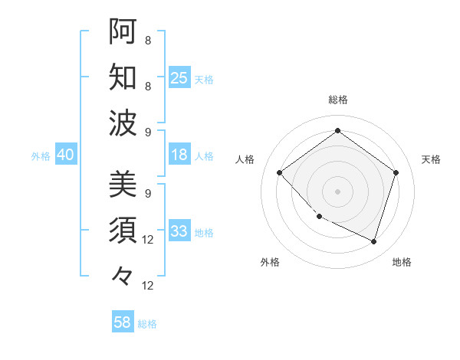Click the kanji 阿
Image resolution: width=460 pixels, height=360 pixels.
(123, 31)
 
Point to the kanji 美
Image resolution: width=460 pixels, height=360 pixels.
(123, 185)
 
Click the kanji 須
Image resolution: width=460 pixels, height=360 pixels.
(123, 229)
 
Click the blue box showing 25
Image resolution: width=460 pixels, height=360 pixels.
(179, 77)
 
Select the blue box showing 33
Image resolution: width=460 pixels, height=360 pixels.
(179, 231)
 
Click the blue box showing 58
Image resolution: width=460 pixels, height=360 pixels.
(123, 322)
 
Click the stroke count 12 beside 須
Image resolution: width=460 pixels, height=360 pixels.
(148, 240)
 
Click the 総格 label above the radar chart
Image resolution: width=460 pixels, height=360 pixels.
(337, 100)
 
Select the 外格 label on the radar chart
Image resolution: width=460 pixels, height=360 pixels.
(270, 262)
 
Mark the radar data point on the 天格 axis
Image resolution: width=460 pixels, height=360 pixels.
(396, 172)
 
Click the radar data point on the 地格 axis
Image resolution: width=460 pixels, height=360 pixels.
(374, 242)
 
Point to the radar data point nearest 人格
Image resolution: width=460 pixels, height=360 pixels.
(280, 172)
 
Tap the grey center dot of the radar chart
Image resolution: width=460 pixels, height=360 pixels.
(337, 191)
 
